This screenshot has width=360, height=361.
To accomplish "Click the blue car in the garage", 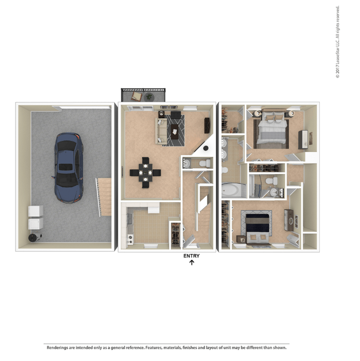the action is tap(67, 168).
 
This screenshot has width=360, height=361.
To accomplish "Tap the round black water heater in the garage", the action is tap(35, 237).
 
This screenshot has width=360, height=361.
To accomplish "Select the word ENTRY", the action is tap(192, 256).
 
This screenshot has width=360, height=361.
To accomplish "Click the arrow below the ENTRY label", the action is tap(192, 262).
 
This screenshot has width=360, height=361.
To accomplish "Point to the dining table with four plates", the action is tap(145, 172).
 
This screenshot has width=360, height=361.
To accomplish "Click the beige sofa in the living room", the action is tap(161, 131).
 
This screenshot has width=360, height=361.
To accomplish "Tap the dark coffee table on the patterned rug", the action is tap(175, 132).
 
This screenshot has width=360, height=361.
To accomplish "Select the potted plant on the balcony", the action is tap(149, 97).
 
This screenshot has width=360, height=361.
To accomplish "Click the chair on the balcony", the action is tap(137, 96).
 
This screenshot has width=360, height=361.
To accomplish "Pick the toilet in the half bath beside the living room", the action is tap(205, 163).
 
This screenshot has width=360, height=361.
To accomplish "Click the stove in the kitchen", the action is tap(131, 239).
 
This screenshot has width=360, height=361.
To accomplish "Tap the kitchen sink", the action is tap(130, 219).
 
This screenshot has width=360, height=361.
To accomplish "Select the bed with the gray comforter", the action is tap(272, 128).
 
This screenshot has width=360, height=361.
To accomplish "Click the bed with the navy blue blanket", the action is tap(257, 229).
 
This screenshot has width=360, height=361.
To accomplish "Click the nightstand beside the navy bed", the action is tap(241, 239).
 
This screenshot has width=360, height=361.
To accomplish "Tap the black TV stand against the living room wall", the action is tap(207, 125).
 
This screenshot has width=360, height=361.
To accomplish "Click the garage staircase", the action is tap(104, 197).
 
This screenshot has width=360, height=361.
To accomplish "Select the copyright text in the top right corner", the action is tap(337, 42).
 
